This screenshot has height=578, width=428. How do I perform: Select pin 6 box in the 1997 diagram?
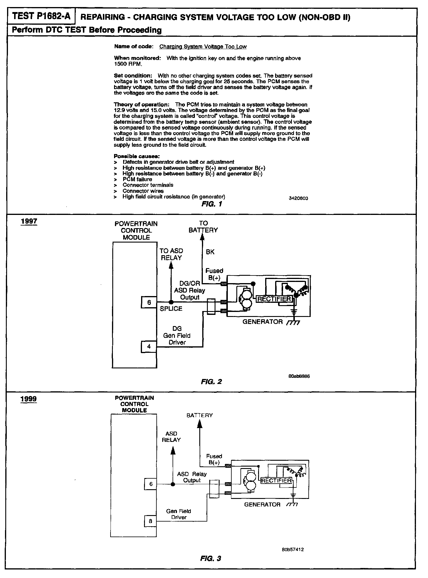[149, 302]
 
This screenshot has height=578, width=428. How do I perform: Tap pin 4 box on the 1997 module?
[149, 346]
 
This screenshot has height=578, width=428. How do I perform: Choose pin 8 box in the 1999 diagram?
[150, 521]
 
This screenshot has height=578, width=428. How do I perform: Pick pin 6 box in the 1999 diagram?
[151, 484]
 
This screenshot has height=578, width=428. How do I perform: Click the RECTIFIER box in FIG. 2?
[274, 299]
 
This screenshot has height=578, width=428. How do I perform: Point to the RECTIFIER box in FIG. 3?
[276, 480]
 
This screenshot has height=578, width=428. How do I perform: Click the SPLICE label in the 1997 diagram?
[171, 309]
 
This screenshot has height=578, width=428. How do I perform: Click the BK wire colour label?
[210, 252]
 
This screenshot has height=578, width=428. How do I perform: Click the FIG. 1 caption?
[212, 204]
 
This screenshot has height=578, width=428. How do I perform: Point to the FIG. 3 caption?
[210, 558]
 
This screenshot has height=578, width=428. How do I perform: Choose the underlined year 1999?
[29, 399]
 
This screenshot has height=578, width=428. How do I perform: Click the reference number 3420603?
[298, 198]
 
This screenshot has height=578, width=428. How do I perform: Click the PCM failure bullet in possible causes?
[137, 179]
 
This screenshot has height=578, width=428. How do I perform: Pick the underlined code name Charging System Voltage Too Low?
[203, 46]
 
